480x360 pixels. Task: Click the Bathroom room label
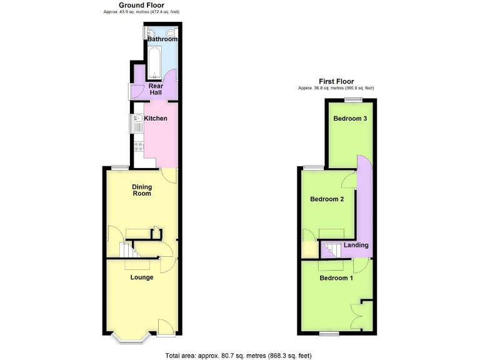[x=162, y=39]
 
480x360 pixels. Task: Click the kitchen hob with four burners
[x=139, y=148]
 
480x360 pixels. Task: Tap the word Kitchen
[x=156, y=118]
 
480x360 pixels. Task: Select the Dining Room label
[x=141, y=190]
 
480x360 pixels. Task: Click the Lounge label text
[x=142, y=277]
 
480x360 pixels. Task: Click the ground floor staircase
[x=129, y=251]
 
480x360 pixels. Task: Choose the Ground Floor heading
[x=142, y=5]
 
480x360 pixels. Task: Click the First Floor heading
[x=336, y=81]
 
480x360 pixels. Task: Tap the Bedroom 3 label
[x=349, y=119]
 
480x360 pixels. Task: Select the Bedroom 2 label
[x=327, y=199]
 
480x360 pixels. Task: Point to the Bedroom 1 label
[x=336, y=277]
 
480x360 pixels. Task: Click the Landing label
[x=356, y=245]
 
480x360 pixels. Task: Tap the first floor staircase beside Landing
[x=330, y=251]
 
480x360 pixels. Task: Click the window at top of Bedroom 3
[x=354, y=99]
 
